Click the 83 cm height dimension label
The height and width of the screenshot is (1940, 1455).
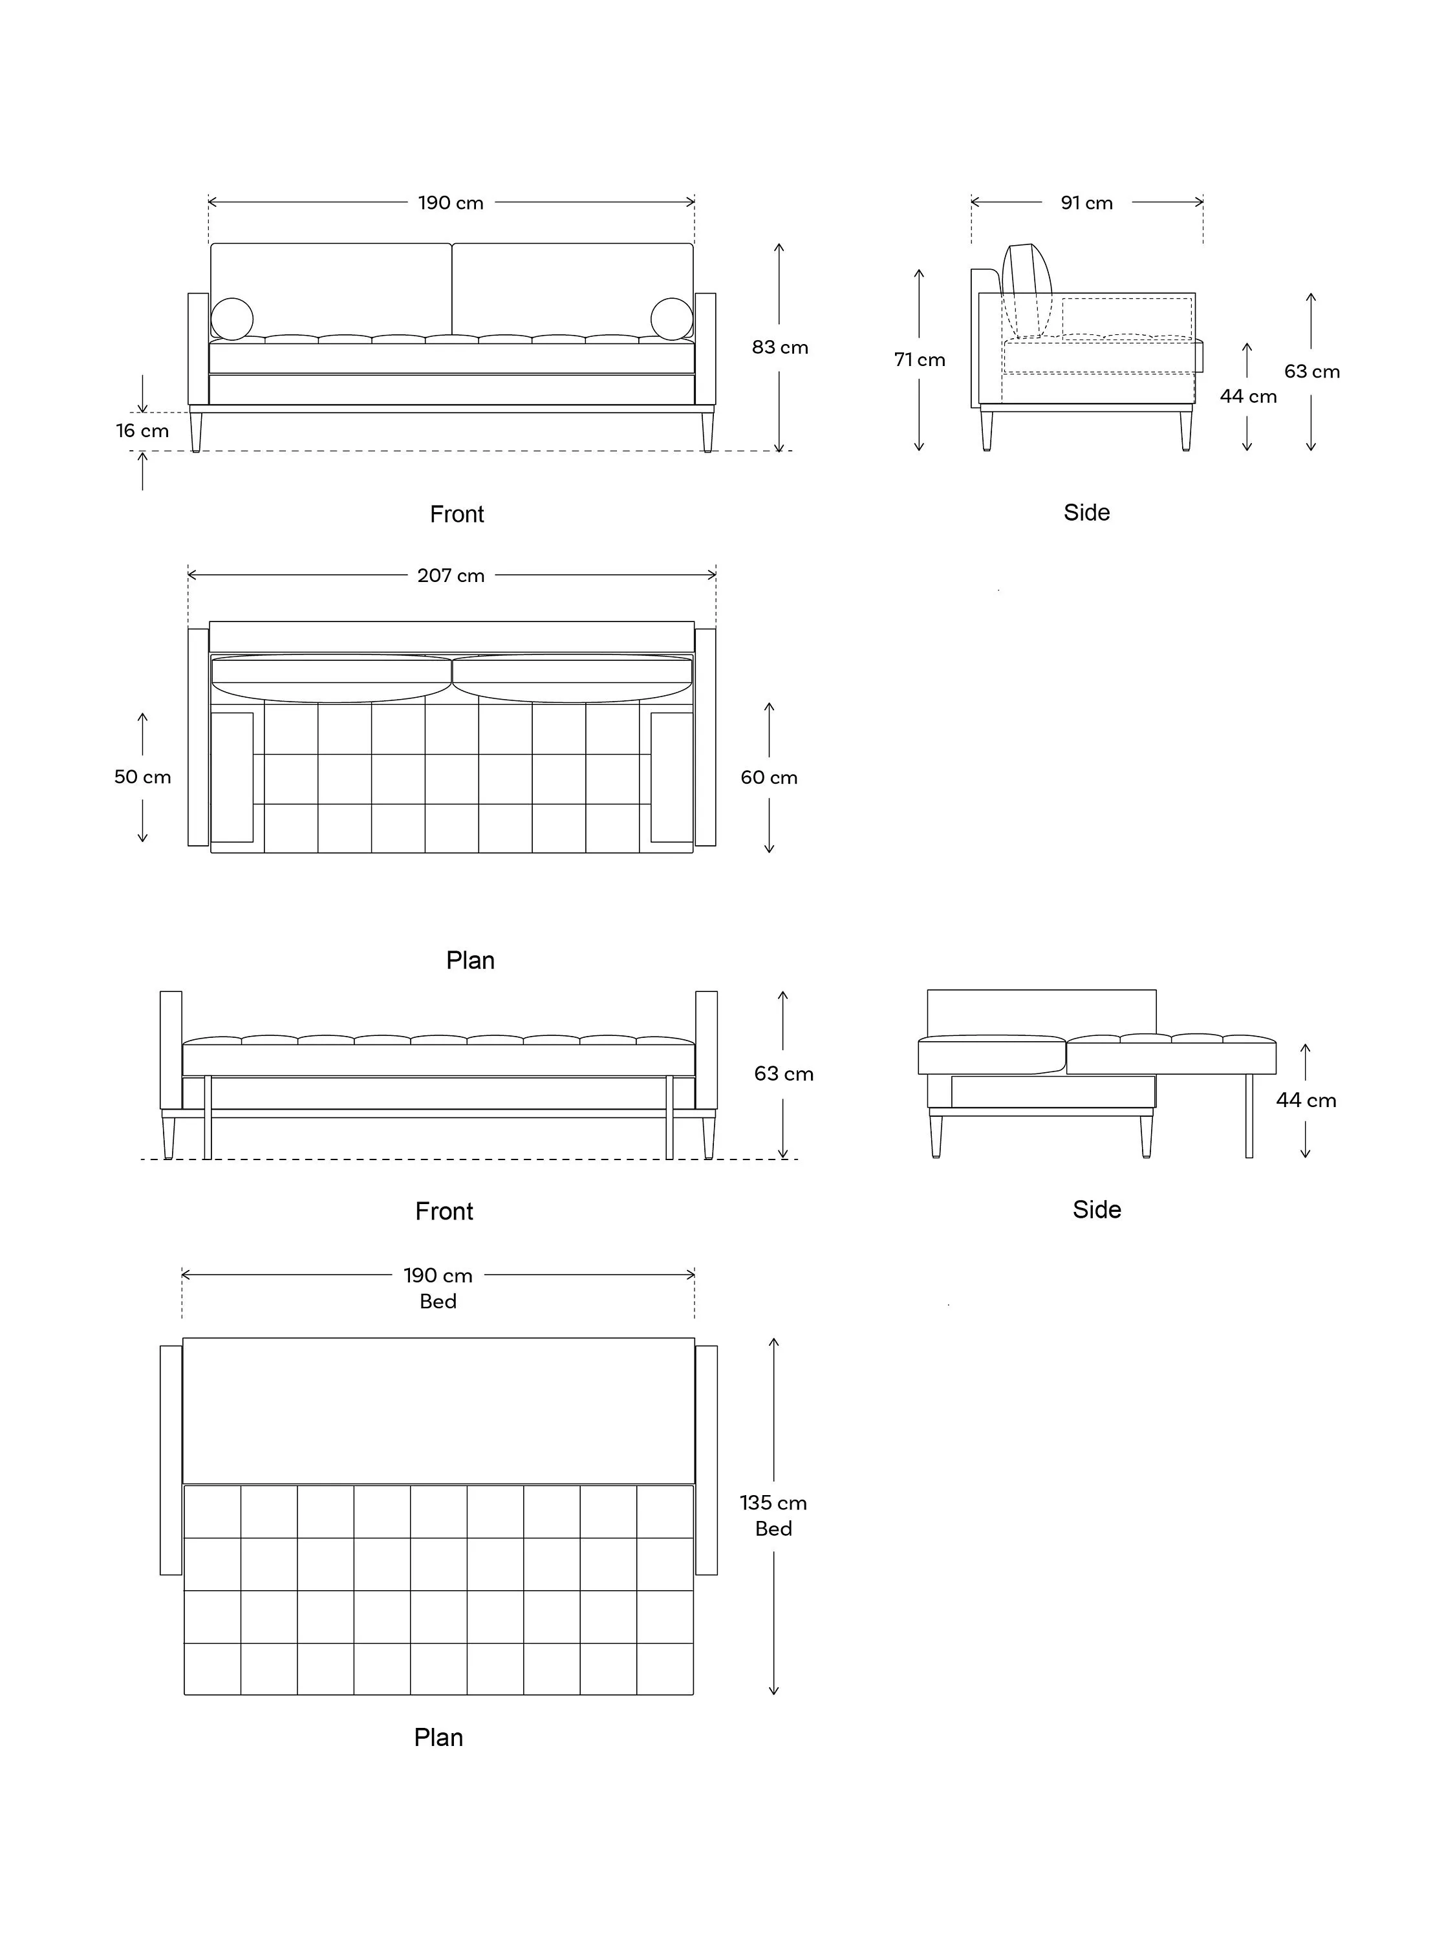(x=780, y=347)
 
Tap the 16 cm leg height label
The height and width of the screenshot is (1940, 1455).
(x=142, y=431)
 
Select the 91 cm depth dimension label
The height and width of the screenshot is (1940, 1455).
(x=1086, y=202)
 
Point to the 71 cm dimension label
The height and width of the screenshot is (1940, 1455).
(x=919, y=360)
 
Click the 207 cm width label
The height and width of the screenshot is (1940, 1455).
(x=451, y=576)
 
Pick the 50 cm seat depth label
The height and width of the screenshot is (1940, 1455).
(x=142, y=777)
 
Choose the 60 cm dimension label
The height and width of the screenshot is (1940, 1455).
(x=769, y=777)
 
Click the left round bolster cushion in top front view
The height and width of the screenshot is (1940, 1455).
(x=232, y=319)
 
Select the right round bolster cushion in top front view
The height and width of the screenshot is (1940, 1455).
(x=672, y=319)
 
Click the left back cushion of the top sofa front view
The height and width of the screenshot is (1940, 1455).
(x=330, y=290)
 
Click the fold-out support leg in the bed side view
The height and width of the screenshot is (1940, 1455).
(x=1249, y=1115)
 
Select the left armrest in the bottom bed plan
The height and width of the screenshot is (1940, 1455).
(x=171, y=1460)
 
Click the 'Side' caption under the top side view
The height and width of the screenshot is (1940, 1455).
(x=1086, y=512)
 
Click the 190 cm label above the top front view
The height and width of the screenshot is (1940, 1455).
(x=451, y=202)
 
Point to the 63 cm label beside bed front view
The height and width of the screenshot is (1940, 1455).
(x=784, y=1073)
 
